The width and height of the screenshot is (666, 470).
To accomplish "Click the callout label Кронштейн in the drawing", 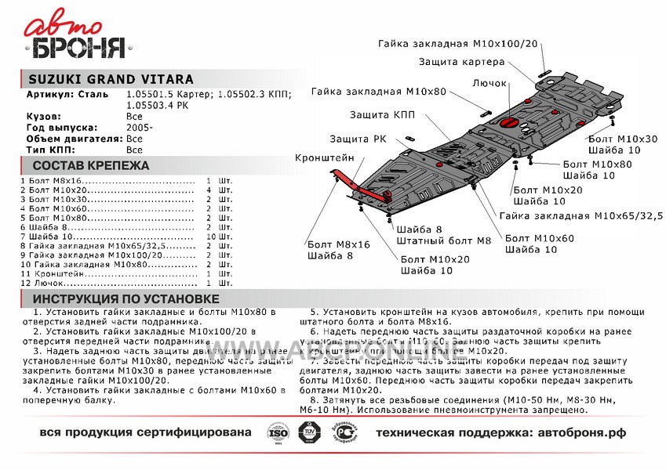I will point(324,157).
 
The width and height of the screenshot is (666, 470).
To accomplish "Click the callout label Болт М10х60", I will point(540,238).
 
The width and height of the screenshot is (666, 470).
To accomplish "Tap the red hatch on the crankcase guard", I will point(507,123).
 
